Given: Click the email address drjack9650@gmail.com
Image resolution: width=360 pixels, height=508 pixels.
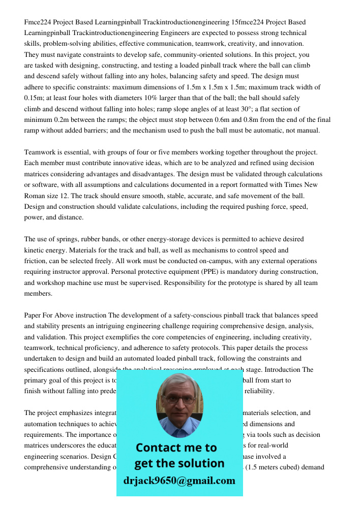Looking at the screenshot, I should pos(179,481).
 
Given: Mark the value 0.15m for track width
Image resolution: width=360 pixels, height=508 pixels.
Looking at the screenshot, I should pos(35,98).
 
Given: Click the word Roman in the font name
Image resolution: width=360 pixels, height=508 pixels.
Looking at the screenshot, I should pos(36,196).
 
